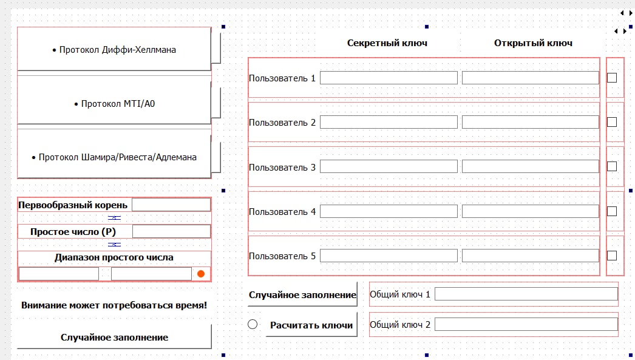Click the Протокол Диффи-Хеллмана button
pyautogui.click(x=114, y=49)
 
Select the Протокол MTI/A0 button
pyautogui.click(x=114, y=103)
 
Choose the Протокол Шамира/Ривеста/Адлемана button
pyautogui.click(x=114, y=157)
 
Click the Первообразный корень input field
pyautogui.click(x=171, y=205)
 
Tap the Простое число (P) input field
pyautogui.click(x=171, y=232)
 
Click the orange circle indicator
pyautogui.click(x=201, y=274)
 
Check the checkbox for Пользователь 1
pyautogui.click(x=612, y=78)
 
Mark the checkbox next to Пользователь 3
pyautogui.click(x=612, y=166)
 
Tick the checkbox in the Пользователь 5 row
pyautogui.click(x=612, y=256)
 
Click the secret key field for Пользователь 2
pyautogui.click(x=389, y=122)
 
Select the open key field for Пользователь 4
pyautogui.click(x=531, y=211)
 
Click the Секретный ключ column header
pyautogui.click(x=387, y=43)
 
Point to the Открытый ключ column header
pyautogui.click(x=534, y=43)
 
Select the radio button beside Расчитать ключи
pyautogui.click(x=253, y=324)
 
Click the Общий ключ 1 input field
pyautogui.click(x=526, y=294)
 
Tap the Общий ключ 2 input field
pyautogui.click(x=526, y=324)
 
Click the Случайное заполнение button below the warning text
pyautogui.click(x=114, y=337)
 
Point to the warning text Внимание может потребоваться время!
pyautogui.click(x=114, y=305)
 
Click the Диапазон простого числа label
pyautogui.click(x=114, y=257)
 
